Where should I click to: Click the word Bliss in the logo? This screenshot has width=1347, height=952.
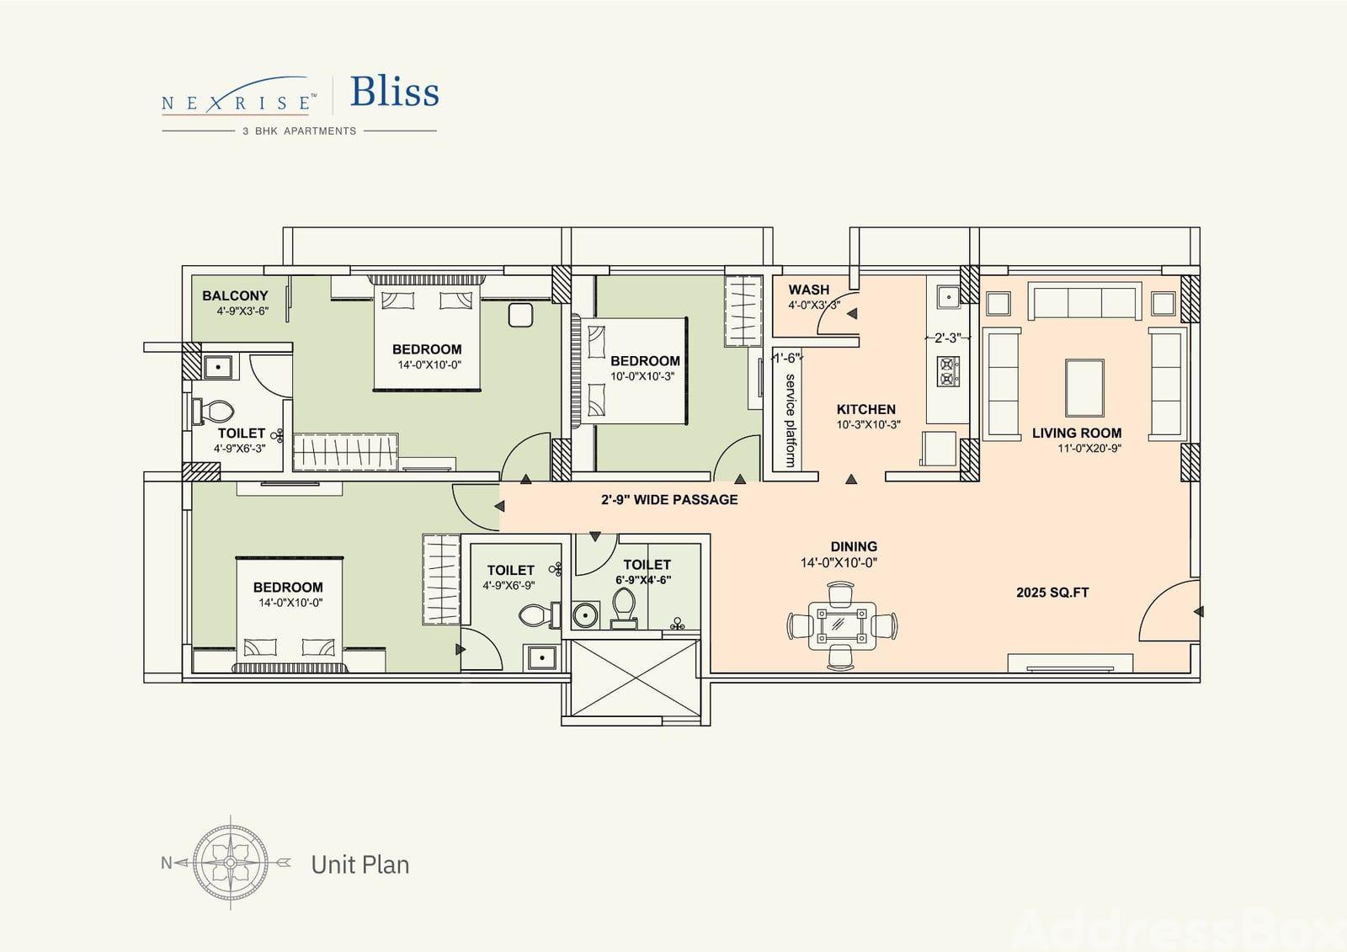point(395,92)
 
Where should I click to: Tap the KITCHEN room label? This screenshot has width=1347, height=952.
point(866,410)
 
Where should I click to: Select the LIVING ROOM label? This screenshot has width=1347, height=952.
point(1077,433)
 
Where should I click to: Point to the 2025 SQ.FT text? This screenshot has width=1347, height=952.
point(1052,593)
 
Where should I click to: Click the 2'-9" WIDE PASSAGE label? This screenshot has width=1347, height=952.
point(669,500)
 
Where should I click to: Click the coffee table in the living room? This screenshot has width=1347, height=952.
point(1084,388)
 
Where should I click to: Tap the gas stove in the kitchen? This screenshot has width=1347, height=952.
point(948,371)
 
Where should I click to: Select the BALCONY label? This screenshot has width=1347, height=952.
point(235,296)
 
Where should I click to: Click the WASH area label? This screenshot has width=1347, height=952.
point(809,290)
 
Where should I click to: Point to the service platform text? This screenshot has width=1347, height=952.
point(791,420)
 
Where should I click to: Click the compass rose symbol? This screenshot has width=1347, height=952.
point(231,863)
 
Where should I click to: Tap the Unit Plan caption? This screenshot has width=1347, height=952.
point(360,864)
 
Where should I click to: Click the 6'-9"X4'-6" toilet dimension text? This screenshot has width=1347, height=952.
point(643,580)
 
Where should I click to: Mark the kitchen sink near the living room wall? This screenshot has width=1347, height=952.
point(949,296)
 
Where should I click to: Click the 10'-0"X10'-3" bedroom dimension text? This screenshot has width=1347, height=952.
point(643,376)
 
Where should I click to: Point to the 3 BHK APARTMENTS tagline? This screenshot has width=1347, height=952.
point(300,131)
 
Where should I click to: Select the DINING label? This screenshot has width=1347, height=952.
point(854,546)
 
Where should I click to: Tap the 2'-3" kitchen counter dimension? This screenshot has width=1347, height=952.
point(948,338)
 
